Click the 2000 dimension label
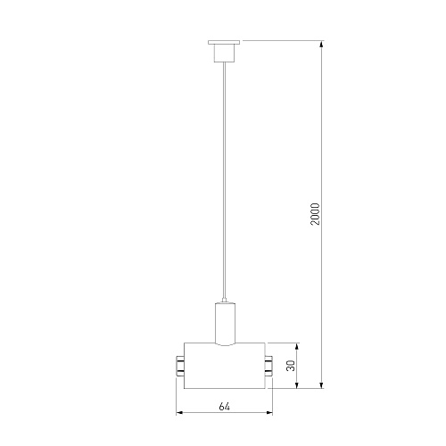pos(315,214)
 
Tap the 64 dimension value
pos(225,407)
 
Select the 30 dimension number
pos(291,366)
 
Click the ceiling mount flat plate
pos(224,42)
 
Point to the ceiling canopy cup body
pos(224,53)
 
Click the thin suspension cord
pos(224,180)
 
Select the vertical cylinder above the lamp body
pos(225,323)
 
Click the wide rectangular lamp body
pos(225,366)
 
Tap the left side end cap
pos(180,366)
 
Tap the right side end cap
pos(268,366)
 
